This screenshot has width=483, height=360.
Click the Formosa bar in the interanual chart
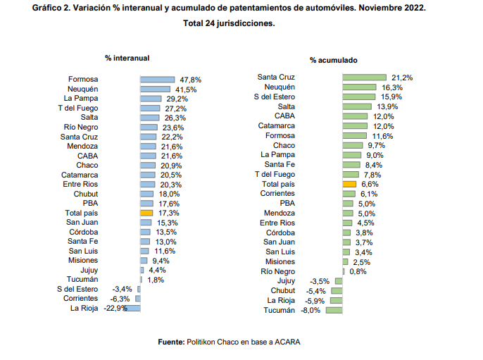pos(157,80)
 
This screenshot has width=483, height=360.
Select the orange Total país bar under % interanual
pos(146,212)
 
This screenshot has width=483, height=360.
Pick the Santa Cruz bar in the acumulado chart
pos(364,77)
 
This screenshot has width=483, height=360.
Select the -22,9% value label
pos(115,308)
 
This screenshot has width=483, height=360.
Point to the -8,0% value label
pos(312,310)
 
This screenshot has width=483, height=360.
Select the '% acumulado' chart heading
pos(333,61)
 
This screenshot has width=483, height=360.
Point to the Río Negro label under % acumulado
pos(277,271)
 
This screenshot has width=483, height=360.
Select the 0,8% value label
pos(359,271)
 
